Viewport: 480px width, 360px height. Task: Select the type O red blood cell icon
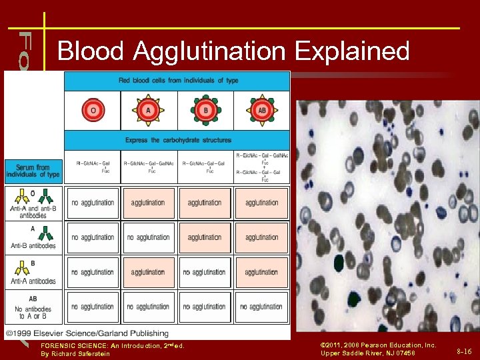(93, 110)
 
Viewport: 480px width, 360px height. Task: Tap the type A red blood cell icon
(149, 110)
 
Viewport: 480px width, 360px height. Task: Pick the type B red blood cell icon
(205, 110)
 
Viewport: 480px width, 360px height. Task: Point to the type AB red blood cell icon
(261, 110)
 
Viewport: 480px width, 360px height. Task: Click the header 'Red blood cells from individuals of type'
(178, 81)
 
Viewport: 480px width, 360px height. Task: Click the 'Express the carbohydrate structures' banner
(178, 140)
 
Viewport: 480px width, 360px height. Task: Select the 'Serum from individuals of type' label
(33, 171)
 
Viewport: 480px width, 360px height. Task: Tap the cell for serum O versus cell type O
(93, 203)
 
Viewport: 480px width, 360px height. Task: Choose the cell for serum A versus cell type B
(205, 237)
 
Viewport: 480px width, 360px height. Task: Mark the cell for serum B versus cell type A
(148, 272)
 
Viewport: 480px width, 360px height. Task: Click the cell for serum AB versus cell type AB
(261, 307)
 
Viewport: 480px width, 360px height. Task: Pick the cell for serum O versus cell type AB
(261, 203)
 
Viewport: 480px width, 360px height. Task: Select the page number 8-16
(464, 351)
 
